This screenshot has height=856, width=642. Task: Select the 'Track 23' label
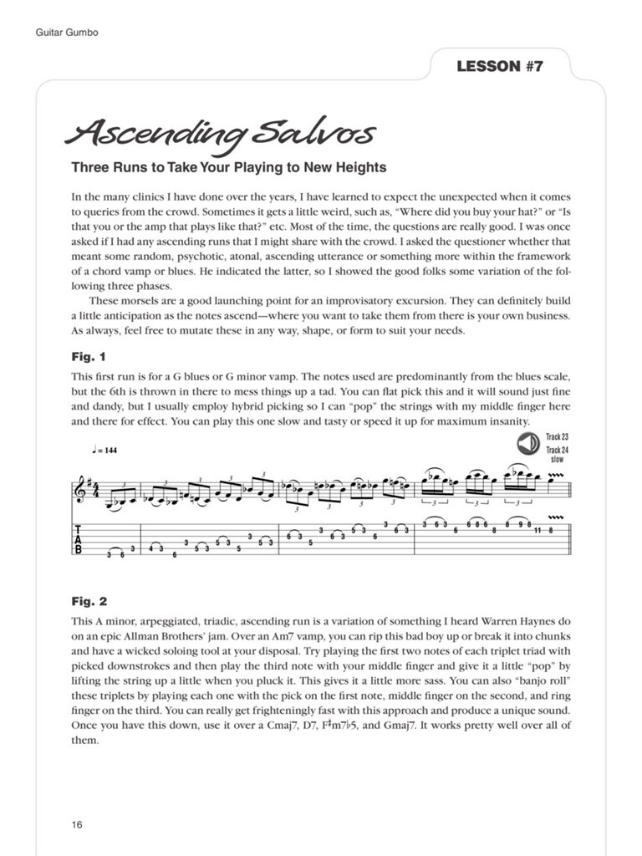(x=557, y=437)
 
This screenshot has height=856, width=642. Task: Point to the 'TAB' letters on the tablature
(x=79, y=539)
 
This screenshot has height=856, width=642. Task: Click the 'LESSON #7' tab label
(x=500, y=67)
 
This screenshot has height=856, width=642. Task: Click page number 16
(x=77, y=825)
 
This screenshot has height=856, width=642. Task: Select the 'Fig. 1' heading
(x=89, y=357)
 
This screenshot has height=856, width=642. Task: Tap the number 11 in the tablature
(x=538, y=530)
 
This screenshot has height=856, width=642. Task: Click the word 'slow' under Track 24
(x=557, y=459)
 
